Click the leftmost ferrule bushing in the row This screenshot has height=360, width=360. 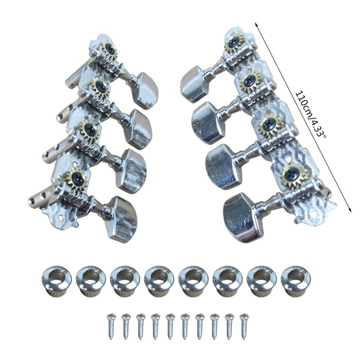[x=56, y=281]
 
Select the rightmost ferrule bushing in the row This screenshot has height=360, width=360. [x=296, y=281]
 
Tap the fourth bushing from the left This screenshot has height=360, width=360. [x=159, y=281]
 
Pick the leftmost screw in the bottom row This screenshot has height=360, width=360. [x=112, y=326]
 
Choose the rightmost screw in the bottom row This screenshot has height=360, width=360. [x=244, y=326]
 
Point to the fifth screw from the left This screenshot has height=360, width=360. [x=170, y=326]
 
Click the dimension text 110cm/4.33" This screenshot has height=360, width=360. [x=310, y=115]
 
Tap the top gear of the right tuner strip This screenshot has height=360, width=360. [x=235, y=42]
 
